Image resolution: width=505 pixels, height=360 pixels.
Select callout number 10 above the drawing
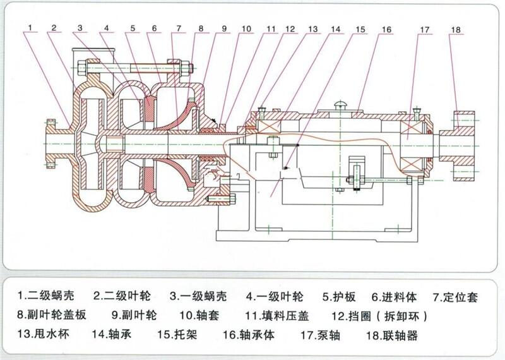tap(246, 28)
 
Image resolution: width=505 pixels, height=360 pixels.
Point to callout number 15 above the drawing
tap(360, 29)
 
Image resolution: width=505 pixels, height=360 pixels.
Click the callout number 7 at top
tap(179, 28)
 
